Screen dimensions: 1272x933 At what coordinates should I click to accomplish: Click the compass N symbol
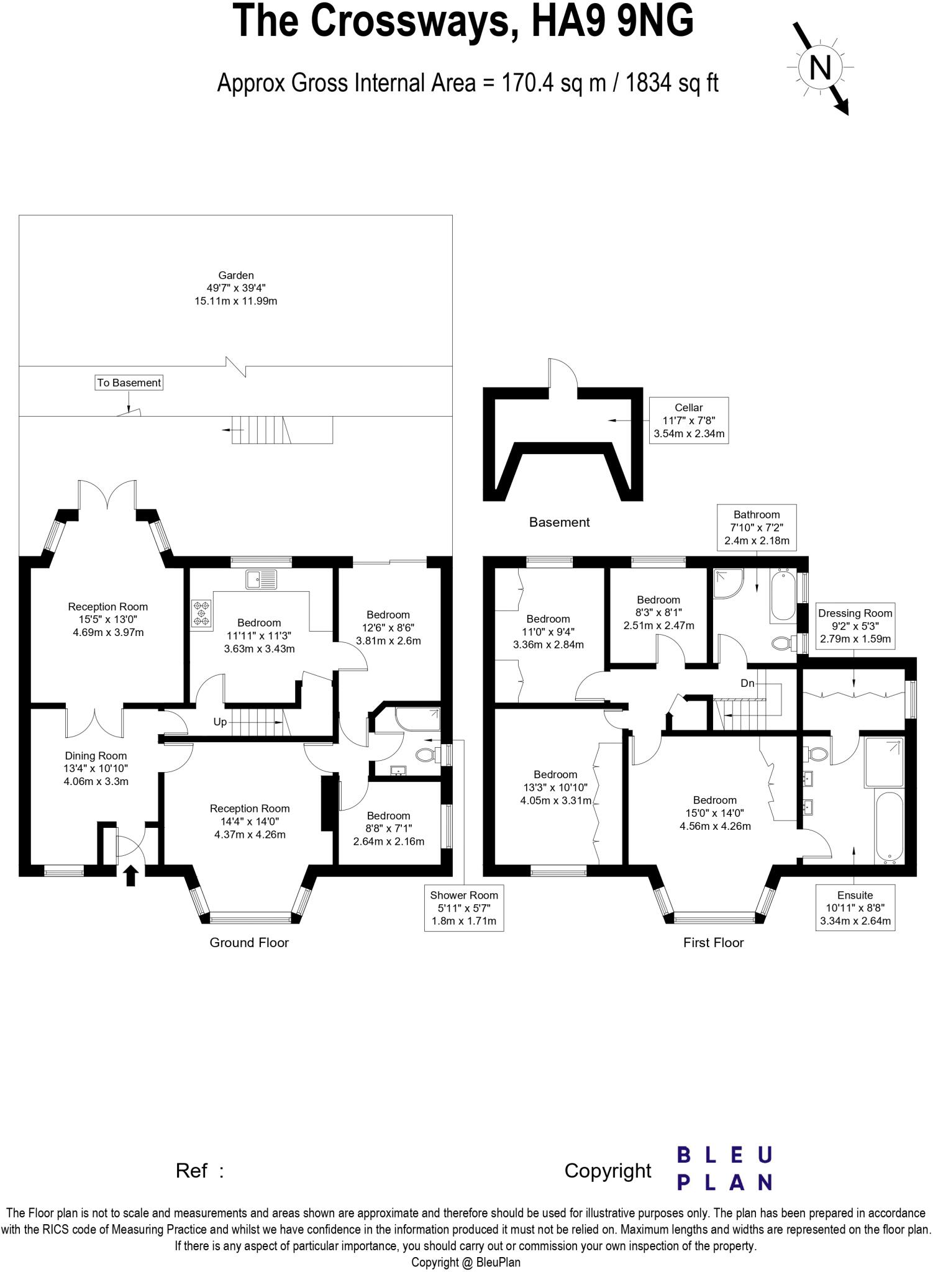[821, 66]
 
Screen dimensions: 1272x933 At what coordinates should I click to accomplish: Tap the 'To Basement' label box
[129, 383]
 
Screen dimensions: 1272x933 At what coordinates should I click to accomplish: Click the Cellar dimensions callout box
[688, 420]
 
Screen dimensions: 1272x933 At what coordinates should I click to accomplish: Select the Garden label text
[235, 288]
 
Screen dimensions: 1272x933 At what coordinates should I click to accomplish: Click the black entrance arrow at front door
[130, 876]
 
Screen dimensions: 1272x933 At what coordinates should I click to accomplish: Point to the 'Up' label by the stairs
[220, 722]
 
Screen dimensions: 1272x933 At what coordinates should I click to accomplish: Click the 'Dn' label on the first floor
[747, 683]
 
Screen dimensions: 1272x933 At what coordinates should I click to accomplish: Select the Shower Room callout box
[464, 907]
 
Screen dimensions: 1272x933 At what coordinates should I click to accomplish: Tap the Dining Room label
[96, 768]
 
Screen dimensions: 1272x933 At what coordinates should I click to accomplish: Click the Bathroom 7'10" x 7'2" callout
[756, 527]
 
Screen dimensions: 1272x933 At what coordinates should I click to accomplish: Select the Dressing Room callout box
[855, 625]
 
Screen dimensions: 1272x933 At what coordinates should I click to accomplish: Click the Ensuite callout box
[855, 907]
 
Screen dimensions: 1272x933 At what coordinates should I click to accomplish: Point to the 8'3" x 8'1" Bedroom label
[658, 612]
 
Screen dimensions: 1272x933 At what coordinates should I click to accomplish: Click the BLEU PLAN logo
[724, 1168]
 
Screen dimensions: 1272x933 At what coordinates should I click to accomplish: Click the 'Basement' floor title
[559, 522]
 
